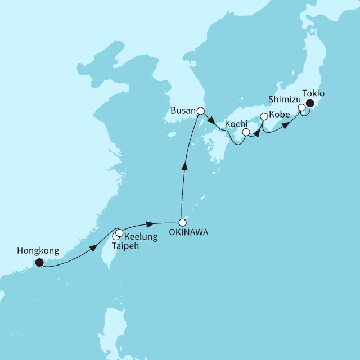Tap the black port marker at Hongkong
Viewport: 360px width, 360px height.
[x=39, y=262]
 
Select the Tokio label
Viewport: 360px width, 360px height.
[x=313, y=93]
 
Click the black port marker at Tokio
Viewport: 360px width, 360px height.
[x=309, y=103]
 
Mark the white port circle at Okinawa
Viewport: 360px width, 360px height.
[x=182, y=222]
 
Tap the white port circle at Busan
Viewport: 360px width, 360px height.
[x=200, y=111]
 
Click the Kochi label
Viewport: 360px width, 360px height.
[x=236, y=123]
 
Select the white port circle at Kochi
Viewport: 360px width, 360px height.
[x=246, y=133]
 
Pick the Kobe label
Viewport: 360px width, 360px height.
[x=280, y=114]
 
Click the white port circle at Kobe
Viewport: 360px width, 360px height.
[x=264, y=116]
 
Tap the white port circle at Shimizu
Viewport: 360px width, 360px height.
[x=301, y=107]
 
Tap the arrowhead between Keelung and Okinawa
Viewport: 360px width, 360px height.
[x=150, y=223]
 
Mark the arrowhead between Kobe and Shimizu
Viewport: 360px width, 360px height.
[x=285, y=125]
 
